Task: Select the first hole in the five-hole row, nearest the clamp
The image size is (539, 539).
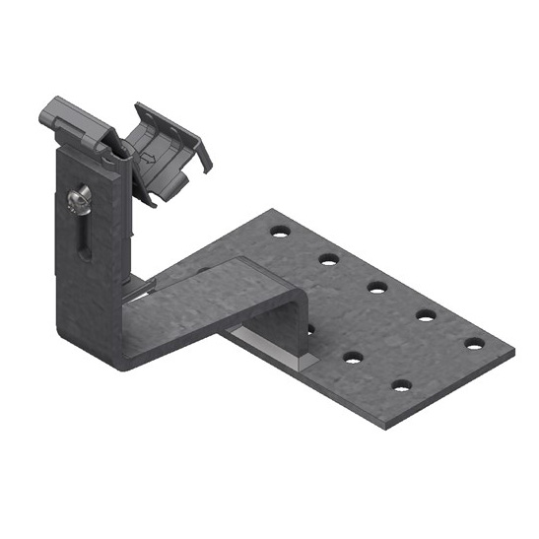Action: pyautogui.click(x=281, y=232)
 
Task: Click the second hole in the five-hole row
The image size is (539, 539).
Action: pyautogui.click(x=329, y=259)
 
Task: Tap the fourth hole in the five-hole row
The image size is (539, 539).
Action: pyautogui.click(x=426, y=315)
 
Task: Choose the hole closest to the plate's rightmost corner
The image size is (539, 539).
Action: pyautogui.click(x=475, y=344)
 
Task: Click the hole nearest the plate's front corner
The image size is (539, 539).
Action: pyautogui.click(x=401, y=384)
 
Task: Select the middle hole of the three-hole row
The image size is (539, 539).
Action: pyautogui.click(x=353, y=357)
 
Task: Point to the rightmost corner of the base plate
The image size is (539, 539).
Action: pyautogui.click(x=512, y=350)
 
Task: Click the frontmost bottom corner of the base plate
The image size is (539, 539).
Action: pyautogui.click(x=391, y=427)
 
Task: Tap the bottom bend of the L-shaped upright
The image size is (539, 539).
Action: pyautogui.click(x=123, y=355)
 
